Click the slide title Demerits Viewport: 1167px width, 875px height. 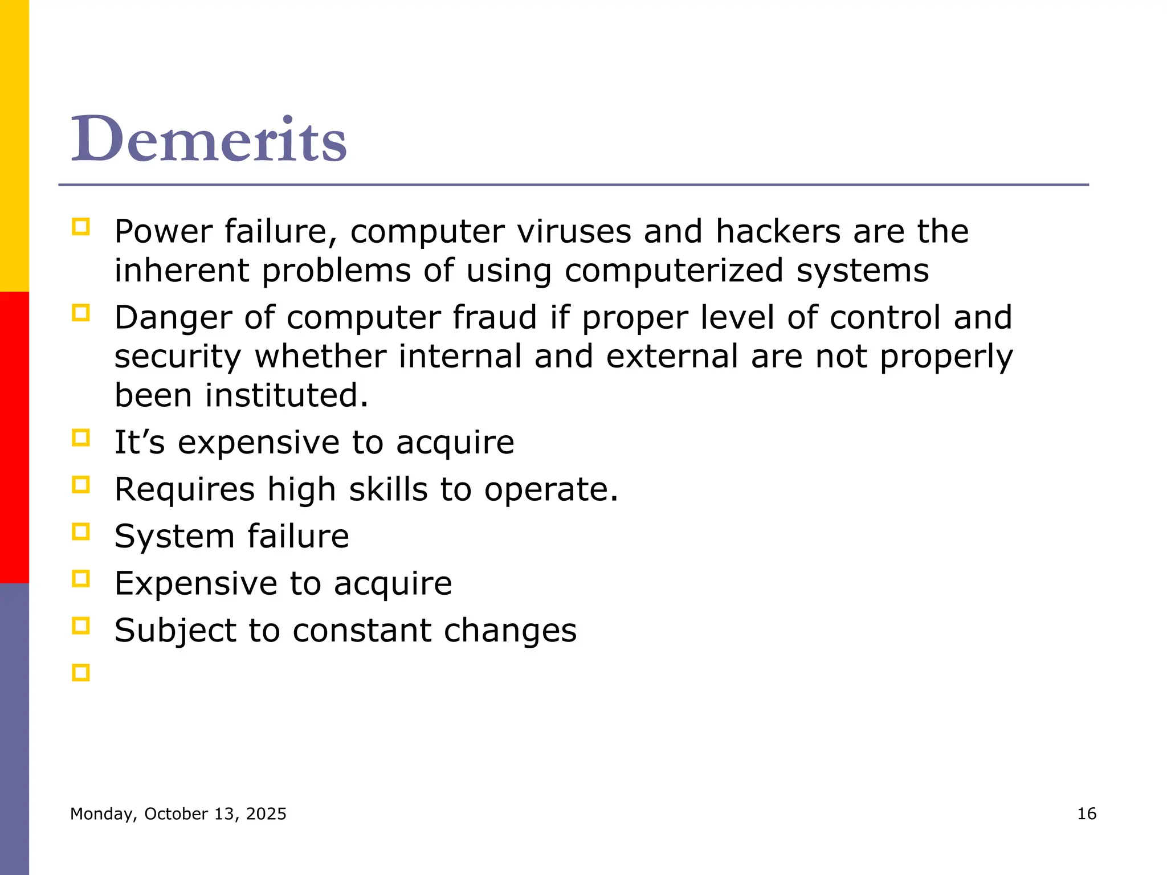[209, 139]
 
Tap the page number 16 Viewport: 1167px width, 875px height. [1087, 813]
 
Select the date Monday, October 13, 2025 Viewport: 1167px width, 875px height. [178, 814]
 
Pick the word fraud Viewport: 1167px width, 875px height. [495, 317]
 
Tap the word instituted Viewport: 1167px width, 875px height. [287, 395]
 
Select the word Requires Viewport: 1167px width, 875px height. [185, 490]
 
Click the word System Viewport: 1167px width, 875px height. [174, 537]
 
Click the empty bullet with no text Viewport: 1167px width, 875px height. [81, 673]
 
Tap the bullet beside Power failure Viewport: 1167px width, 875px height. [81, 227]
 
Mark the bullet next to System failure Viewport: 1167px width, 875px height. [81, 532]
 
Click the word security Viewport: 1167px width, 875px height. [178, 357]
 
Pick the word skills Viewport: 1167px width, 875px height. [388, 489]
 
